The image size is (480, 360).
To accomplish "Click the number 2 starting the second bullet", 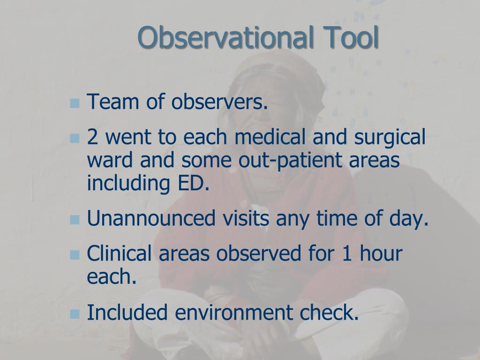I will pyautogui.click(x=92, y=138).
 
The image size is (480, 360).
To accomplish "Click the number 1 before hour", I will pyautogui.click(x=346, y=255).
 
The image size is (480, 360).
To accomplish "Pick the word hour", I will pyautogui.click(x=381, y=255).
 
